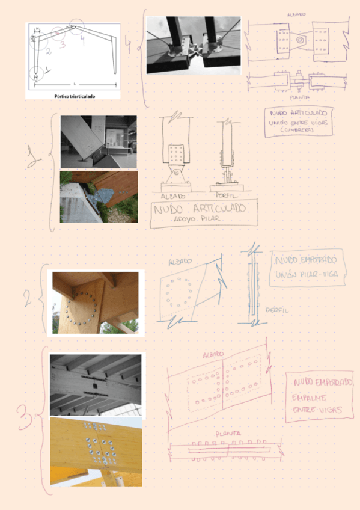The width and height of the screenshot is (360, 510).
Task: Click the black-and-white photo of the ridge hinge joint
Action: tap(194, 45)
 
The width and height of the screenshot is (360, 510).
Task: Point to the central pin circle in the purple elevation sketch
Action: tap(299, 40)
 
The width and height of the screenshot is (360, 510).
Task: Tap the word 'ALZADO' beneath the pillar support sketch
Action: tap(174, 196)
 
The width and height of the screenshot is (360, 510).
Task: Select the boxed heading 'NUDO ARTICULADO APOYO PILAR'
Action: tap(204, 214)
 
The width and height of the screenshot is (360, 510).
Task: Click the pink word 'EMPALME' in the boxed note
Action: tap(309, 398)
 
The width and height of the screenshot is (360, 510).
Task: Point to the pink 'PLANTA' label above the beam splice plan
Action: tap(229, 433)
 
